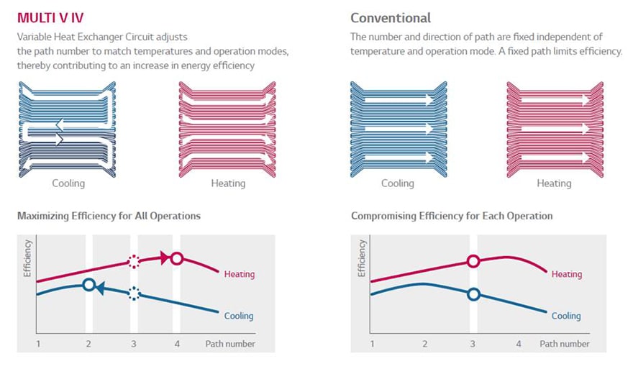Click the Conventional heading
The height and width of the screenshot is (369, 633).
[391, 17]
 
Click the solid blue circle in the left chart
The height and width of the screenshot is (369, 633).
[88, 285]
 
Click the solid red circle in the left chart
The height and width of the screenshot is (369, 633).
[177, 258]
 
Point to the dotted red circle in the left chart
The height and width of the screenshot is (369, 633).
[133, 262]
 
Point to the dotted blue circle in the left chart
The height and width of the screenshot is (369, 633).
[133, 293]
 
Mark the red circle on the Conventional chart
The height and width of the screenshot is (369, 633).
[473, 261]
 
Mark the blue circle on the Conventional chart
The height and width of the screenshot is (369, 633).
[473, 293]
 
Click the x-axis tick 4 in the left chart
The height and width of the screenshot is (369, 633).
[177, 344]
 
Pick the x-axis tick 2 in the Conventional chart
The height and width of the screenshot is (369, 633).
[424, 344]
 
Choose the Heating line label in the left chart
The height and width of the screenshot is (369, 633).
[240, 274]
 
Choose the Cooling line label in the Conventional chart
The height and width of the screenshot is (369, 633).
[566, 316]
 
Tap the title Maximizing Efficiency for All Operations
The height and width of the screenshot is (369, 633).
[109, 216]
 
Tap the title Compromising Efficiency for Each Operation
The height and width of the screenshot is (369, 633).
[452, 216]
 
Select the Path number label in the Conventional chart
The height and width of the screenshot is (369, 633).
[565, 344]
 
